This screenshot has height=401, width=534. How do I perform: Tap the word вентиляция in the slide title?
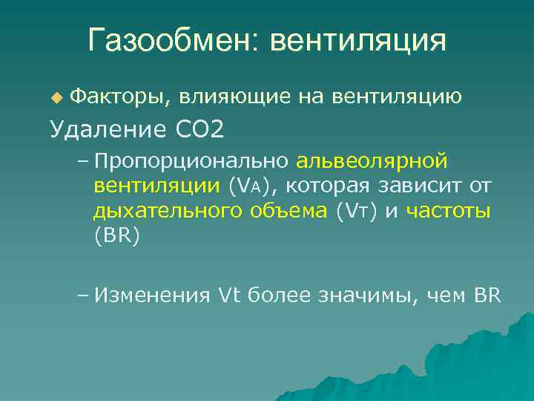[358, 40]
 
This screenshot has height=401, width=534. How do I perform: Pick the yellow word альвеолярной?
[372, 161]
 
